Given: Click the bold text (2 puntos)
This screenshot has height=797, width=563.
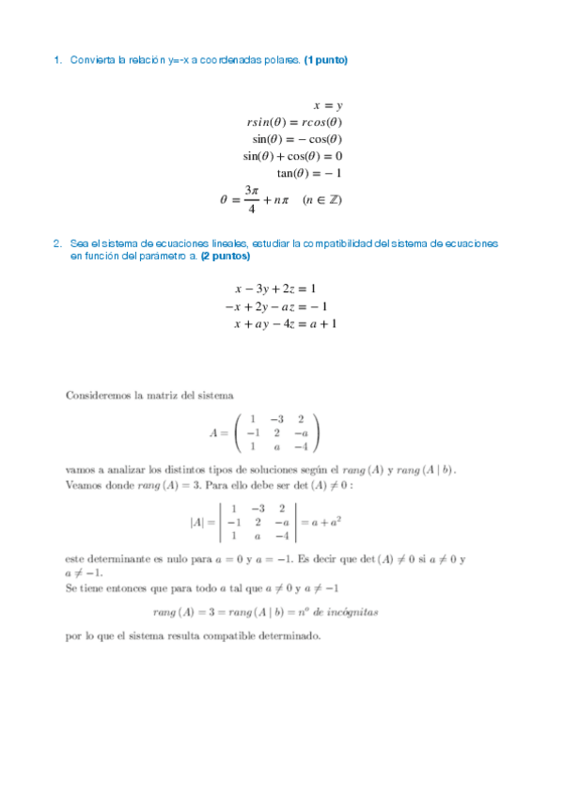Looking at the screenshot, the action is (x=226, y=256).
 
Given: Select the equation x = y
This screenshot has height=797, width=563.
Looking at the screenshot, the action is (x=327, y=105).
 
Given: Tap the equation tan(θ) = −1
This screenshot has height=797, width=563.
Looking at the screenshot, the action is (x=309, y=174).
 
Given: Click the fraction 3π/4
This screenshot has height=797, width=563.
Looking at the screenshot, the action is (x=251, y=199).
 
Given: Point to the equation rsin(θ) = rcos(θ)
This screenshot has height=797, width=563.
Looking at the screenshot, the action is (x=294, y=122).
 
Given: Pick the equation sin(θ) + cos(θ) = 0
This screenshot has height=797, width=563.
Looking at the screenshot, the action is (x=292, y=157).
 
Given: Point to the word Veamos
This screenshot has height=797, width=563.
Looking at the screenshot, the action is (x=84, y=485).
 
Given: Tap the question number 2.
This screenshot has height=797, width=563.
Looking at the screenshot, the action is (x=57, y=243).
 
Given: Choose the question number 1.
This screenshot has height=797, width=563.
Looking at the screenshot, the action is (x=57, y=60).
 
